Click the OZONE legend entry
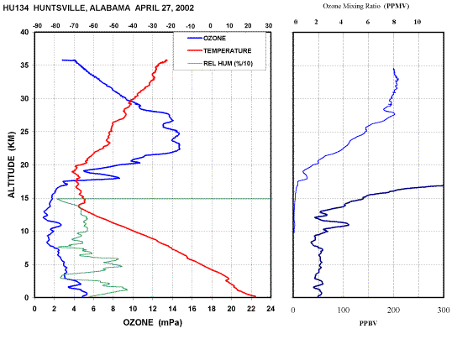pos(207,38)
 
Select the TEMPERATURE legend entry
pos(219,50)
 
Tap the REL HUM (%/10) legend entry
pos(220,64)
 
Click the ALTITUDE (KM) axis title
pos(12,164)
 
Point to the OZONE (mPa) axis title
pos(152,322)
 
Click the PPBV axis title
pos(368,323)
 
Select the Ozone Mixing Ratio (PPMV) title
pos(366,6)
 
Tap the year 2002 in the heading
pos(185,8)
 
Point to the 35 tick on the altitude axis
pos(24,65)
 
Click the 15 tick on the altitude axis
pos(24,198)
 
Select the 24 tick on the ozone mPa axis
pos(271,309)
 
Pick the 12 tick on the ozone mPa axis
pos(152,309)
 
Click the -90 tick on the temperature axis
pos(37,26)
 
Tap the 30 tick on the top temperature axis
pos(269,26)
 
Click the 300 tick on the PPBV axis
pos(444,310)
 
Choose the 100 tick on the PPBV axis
pos(344,310)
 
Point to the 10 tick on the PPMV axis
pos(418,22)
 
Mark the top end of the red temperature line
pos(166,60)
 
